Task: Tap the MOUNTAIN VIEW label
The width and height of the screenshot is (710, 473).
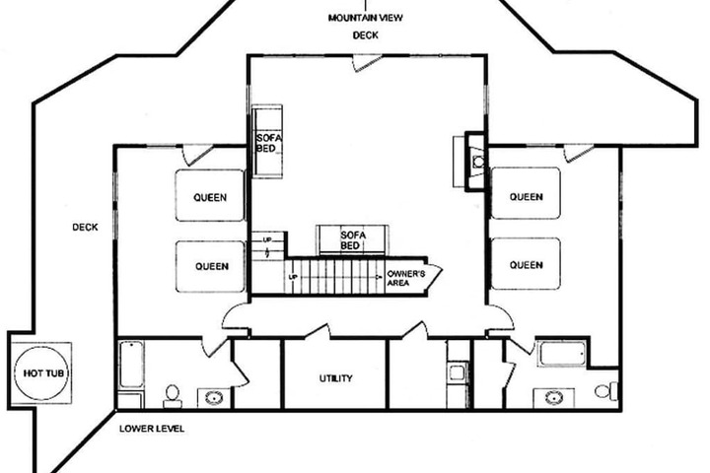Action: [366, 18]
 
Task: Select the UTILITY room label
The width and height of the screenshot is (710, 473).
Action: [336, 378]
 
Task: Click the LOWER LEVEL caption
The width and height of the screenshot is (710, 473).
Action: [152, 429]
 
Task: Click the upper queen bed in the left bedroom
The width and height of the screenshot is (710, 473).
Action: [210, 195]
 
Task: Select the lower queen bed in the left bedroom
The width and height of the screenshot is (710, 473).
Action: [210, 266]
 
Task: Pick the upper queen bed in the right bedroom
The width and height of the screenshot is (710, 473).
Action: [526, 193]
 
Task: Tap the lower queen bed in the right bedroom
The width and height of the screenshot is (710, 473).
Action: [526, 263]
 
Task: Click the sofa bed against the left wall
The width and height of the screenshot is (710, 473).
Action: [267, 142]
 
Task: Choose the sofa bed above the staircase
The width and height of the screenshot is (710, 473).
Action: [352, 239]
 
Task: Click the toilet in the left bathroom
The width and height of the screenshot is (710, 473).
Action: [172, 396]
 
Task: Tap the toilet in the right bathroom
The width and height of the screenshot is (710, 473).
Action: [606, 390]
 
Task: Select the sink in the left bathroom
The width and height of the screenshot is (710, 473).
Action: [214, 398]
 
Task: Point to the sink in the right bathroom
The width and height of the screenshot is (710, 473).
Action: [554, 398]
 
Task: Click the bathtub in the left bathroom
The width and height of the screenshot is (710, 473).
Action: [131, 365]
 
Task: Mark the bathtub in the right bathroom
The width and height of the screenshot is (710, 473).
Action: [562, 354]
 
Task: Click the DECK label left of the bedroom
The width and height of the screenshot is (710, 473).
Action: [85, 228]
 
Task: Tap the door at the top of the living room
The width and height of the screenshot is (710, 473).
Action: [368, 62]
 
